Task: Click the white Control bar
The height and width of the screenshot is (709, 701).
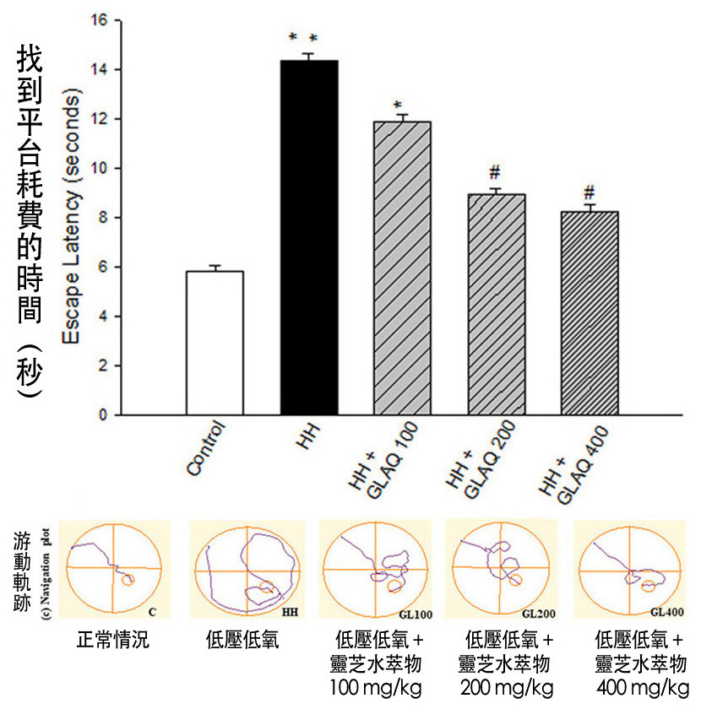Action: coord(214,343)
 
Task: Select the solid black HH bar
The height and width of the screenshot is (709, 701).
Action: coord(308,238)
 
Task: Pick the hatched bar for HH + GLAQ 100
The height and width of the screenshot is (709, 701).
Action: coord(402,268)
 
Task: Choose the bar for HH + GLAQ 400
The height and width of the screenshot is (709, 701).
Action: coord(590,313)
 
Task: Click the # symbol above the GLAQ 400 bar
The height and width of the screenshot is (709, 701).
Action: coord(590,192)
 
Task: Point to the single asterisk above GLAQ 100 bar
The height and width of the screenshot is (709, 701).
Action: coord(396,106)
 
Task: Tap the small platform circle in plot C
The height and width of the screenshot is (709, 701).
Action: coord(128,580)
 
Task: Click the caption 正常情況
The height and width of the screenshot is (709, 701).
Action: coord(112,641)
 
